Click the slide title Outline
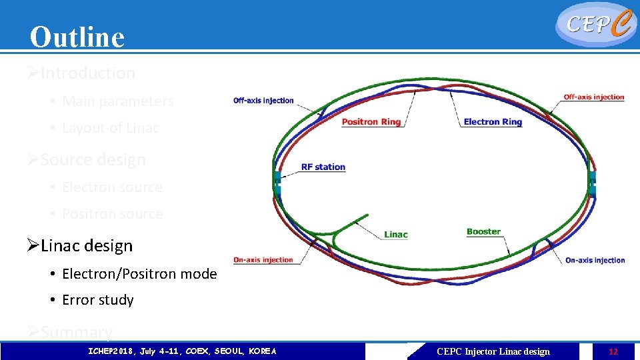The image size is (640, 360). pyautogui.click(x=77, y=37)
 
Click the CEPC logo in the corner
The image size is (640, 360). pyautogui.click(x=595, y=25)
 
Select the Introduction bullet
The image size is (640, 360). pyautogui.click(x=87, y=73)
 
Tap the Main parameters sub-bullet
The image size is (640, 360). pyautogui.click(x=117, y=101)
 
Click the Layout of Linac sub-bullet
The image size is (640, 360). pyautogui.click(x=110, y=128)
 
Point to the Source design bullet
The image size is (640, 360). pyautogui.click(x=93, y=160)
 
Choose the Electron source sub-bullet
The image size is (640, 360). pyautogui.click(x=112, y=187)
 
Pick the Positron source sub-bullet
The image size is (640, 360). pyautogui.click(x=112, y=214)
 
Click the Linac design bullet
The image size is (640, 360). pyautogui.click(x=86, y=246)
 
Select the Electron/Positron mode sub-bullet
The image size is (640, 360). pyautogui.click(x=139, y=274)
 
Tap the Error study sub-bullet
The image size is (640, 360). pyautogui.click(x=97, y=301)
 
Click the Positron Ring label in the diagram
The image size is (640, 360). pyautogui.click(x=371, y=122)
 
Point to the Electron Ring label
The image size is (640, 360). pyautogui.click(x=493, y=122)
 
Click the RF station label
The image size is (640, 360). pyautogui.click(x=323, y=167)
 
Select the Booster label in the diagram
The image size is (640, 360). pyautogui.click(x=483, y=232)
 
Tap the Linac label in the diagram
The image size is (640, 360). pyautogui.click(x=395, y=235)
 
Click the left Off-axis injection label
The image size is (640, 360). pyautogui.click(x=263, y=101)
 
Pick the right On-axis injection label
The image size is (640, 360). pyautogui.click(x=595, y=261)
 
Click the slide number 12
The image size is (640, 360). pyautogui.click(x=613, y=352)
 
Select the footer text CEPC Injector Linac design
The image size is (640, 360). pyautogui.click(x=493, y=352)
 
